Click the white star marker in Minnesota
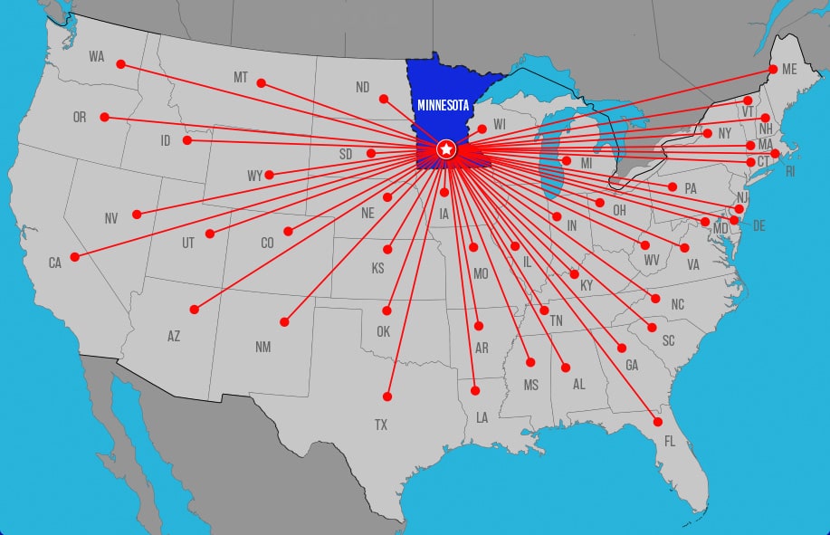tap(445, 148)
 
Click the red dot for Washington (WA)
tap(120, 64)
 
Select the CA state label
tap(55, 263)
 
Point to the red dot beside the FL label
tap(658, 422)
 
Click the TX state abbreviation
tap(381, 425)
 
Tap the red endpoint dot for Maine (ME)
tap(773, 69)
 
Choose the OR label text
tap(80, 118)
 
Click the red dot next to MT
tap(261, 83)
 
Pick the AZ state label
tap(174, 336)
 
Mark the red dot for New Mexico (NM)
tap(284, 321)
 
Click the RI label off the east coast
tap(790, 171)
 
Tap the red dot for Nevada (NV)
tap(137, 215)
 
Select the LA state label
tap(482, 417)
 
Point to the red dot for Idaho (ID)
tap(187, 140)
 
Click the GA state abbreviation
tap(632, 366)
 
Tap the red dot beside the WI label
tap(482, 129)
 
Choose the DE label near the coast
tap(758, 225)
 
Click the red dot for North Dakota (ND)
tap(384, 99)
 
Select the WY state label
tap(254, 176)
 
